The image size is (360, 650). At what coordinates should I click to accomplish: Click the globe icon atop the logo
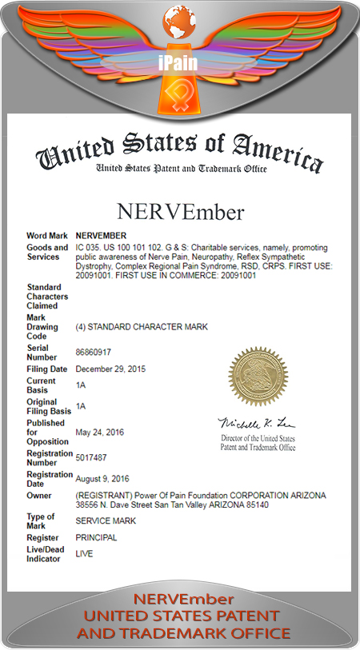pyautogui.click(x=180, y=20)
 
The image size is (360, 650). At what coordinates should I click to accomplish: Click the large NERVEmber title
pyautogui.click(x=179, y=213)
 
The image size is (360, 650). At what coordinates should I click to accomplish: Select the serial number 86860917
pyautogui.click(x=94, y=352)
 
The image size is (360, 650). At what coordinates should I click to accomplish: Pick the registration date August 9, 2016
pyautogui.click(x=102, y=479)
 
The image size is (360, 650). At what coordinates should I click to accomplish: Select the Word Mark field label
pyautogui.click(x=46, y=236)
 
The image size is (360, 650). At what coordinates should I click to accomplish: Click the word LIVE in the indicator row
pyautogui.click(x=84, y=552)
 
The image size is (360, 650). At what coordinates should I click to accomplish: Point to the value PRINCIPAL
pyautogui.click(x=96, y=537)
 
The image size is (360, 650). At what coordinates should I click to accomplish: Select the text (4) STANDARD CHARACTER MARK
pyautogui.click(x=132, y=326)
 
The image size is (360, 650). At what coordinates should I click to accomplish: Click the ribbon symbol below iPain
pyautogui.click(x=180, y=95)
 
